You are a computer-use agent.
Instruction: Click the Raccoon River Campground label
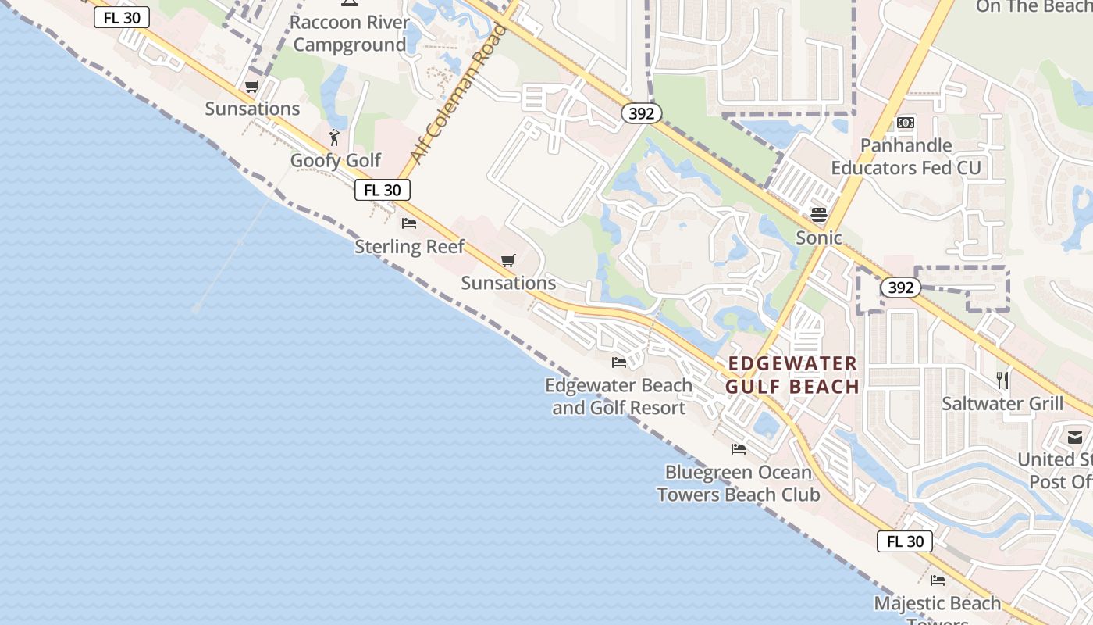(349, 34)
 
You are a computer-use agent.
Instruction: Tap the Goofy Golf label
(336, 160)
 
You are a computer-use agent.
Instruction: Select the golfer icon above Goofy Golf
(335, 137)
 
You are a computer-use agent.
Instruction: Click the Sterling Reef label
(409, 247)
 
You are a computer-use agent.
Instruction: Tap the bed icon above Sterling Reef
(409, 223)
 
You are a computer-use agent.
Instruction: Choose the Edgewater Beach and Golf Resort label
(618, 396)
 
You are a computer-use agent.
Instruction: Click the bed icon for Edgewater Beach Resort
(619, 362)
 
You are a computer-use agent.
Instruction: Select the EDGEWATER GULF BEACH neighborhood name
(792, 375)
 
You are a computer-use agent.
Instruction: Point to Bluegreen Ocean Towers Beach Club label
(738, 484)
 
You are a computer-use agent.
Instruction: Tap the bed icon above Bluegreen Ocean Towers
(738, 448)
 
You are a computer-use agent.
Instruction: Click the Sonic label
(819, 237)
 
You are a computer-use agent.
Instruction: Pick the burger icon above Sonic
(819, 214)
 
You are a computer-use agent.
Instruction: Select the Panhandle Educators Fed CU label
(906, 156)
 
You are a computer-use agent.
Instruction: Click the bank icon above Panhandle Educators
(906, 123)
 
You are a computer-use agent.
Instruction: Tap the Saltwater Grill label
(1002, 404)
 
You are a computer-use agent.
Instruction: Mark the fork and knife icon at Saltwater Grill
(1002, 380)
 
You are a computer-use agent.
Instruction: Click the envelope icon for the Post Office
(1076, 437)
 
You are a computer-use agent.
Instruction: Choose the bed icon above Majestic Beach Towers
(938, 580)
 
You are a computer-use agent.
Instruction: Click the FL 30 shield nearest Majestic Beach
(905, 541)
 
